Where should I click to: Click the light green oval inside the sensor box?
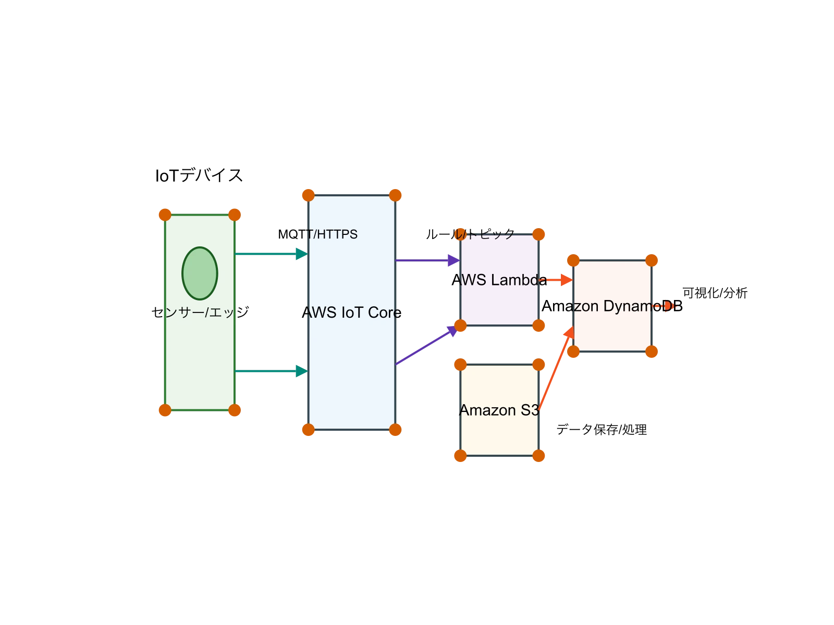pyautogui.click(x=200, y=273)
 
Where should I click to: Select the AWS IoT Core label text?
pyautogui.click(x=352, y=312)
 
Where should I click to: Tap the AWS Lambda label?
pyautogui.click(x=500, y=280)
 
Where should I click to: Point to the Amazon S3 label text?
pyautogui.click(x=499, y=410)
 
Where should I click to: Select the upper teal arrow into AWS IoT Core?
pyautogui.click(x=271, y=254)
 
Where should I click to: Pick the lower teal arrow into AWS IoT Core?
pyautogui.click(x=271, y=371)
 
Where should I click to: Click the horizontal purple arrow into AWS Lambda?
pyautogui.click(x=427, y=260)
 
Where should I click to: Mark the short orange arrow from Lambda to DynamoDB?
pyautogui.click(x=558, y=280)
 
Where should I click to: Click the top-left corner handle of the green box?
pyautogui.click(x=165, y=215)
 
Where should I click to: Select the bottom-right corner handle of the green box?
pyautogui.click(x=235, y=410)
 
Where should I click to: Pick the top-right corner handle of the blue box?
pyautogui.click(x=396, y=195)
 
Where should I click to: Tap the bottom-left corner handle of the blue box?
pyautogui.click(x=309, y=430)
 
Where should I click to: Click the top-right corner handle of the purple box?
pyautogui.click(x=539, y=234)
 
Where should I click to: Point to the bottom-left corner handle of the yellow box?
pyautogui.click(x=460, y=456)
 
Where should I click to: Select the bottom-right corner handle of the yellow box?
pyautogui.click(x=539, y=456)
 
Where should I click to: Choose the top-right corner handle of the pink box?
pyautogui.click(x=652, y=260)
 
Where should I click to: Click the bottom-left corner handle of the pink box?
pyautogui.click(x=573, y=352)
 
